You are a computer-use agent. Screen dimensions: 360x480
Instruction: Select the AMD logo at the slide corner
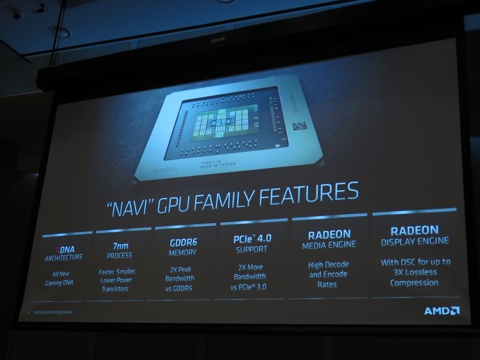pyautogui.click(x=442, y=311)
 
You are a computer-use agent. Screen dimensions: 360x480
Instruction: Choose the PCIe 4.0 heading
pyautogui.click(x=252, y=238)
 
